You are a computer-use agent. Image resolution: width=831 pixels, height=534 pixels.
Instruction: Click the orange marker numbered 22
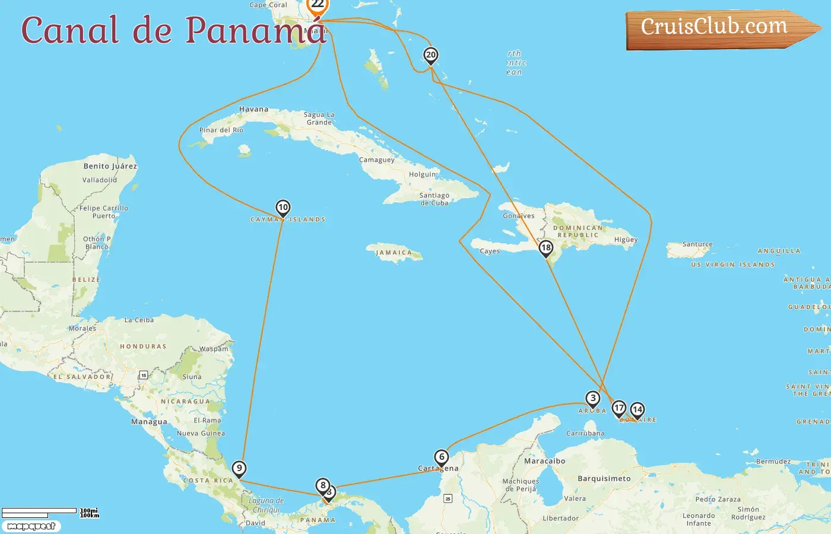(x=318, y=5)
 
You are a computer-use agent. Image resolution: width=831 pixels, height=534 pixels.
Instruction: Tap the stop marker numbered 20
(x=431, y=55)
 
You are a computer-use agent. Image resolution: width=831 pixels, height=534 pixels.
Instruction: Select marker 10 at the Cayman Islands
(x=283, y=208)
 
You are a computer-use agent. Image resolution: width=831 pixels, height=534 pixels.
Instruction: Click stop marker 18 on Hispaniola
(x=545, y=248)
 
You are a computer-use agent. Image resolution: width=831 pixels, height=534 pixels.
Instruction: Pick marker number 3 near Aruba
(x=592, y=398)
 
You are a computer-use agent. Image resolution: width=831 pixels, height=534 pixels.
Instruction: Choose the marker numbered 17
(x=619, y=408)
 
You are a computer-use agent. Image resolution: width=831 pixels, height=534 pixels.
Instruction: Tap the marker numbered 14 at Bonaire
(x=637, y=409)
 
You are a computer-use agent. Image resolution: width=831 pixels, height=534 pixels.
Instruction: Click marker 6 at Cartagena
(x=441, y=457)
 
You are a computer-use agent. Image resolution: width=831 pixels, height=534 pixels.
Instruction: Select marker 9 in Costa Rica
(x=239, y=468)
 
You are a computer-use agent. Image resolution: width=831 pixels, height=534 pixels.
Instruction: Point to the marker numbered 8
(x=322, y=485)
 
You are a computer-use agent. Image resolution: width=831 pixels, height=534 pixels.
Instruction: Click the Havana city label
(x=253, y=109)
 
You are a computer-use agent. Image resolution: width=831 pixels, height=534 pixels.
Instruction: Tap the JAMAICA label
(x=394, y=253)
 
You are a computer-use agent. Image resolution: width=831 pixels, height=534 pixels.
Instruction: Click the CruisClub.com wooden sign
(x=718, y=28)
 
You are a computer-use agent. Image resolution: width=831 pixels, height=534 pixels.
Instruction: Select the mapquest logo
(x=31, y=526)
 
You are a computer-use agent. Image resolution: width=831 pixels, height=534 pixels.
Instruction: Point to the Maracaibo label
(x=544, y=461)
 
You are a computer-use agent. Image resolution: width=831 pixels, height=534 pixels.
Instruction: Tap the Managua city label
(x=149, y=422)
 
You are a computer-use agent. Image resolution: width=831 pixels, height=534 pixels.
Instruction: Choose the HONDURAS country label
(x=143, y=347)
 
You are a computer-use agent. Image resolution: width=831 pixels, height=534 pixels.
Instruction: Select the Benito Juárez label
(x=110, y=166)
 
